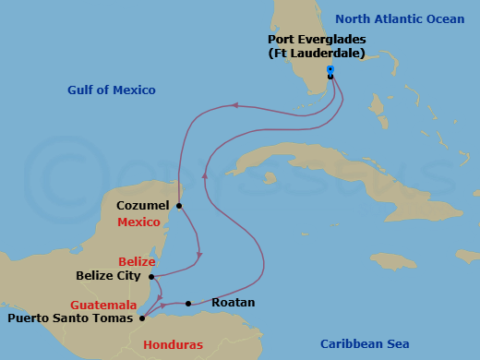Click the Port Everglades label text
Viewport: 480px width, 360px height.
click(316, 40)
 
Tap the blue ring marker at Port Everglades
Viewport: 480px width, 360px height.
click(330, 69)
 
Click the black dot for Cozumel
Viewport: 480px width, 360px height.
click(179, 205)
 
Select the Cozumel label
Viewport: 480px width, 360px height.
click(143, 205)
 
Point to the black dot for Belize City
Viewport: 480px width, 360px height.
click(151, 275)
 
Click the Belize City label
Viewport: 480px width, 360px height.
click(108, 275)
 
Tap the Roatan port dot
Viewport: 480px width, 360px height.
click(188, 303)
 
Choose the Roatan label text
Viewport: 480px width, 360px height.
click(233, 302)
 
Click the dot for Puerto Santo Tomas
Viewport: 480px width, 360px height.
click(141, 318)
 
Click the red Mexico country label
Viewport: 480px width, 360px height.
click(138, 222)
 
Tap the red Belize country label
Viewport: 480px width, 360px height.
click(137, 261)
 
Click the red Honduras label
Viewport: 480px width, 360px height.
click(173, 344)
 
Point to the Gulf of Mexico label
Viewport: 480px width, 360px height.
click(112, 90)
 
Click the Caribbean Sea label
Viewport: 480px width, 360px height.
click(364, 343)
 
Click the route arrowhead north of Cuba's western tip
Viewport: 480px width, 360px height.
click(235, 105)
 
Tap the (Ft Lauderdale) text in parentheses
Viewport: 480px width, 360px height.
click(316, 54)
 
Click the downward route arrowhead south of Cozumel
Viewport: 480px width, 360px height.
click(199, 257)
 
